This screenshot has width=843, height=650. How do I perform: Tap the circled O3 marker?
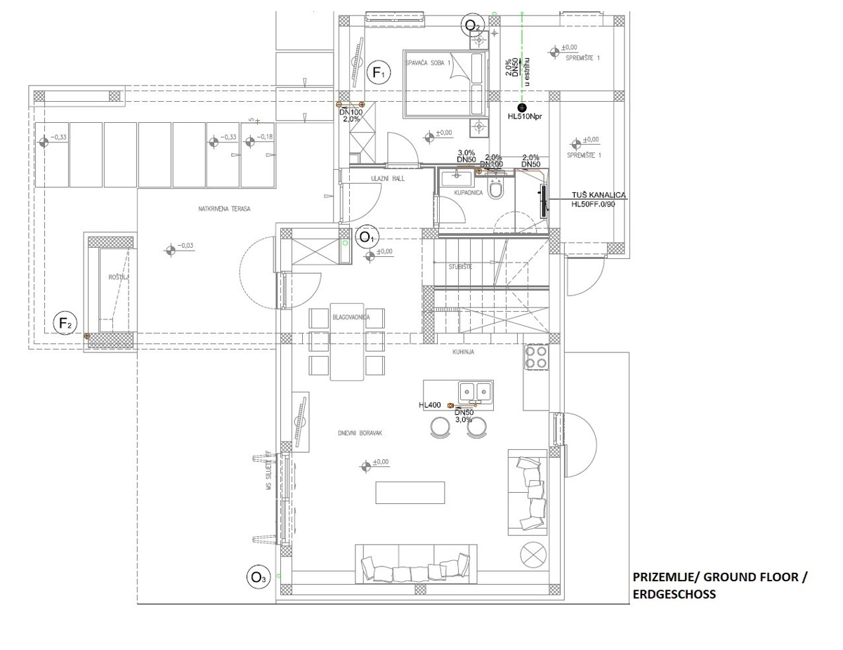[258, 578]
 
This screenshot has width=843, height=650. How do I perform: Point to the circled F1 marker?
[379, 72]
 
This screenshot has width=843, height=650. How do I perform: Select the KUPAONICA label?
[469, 192]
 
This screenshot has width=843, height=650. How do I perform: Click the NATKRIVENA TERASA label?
[225, 208]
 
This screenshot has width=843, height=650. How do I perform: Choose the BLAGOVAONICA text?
[351, 317]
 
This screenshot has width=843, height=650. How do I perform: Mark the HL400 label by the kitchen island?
[429, 405]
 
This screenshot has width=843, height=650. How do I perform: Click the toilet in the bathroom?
[497, 190]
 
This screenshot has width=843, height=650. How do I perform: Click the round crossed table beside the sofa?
[534, 554]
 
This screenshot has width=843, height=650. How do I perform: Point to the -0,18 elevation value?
[265, 137]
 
